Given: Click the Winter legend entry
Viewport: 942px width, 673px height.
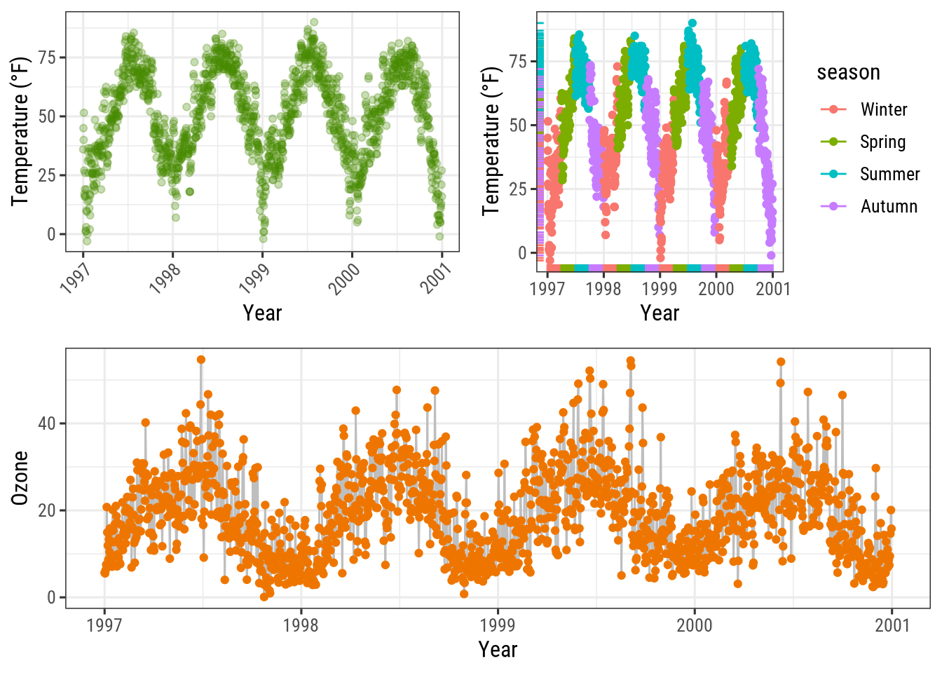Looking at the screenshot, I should (883, 109).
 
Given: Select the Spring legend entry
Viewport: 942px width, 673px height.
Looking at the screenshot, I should (882, 142).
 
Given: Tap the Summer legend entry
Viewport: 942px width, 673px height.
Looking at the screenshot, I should (889, 174).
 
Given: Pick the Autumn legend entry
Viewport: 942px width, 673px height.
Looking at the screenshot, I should (889, 206).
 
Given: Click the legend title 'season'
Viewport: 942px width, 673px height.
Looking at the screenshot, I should (848, 72).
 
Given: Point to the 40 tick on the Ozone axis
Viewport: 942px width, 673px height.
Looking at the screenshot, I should (47, 423).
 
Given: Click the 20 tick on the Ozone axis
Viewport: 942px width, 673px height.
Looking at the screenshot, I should (47, 510).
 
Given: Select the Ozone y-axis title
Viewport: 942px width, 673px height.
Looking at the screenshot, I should (20, 477).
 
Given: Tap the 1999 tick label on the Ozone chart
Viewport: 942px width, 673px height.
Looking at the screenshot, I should (498, 625).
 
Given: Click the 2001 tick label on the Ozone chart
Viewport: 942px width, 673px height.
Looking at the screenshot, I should (892, 625).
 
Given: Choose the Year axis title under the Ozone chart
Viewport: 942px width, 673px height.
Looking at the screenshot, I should (498, 649).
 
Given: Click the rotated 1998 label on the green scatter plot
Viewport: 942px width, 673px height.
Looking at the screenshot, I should (166, 278).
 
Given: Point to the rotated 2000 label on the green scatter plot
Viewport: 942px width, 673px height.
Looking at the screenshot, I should (344, 278).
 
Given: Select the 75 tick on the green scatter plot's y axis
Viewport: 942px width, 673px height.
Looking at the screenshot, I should (47, 57).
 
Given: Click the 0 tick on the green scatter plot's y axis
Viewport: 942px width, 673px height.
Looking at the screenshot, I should (51, 234).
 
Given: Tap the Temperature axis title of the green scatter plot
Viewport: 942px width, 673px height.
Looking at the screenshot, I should (20, 130).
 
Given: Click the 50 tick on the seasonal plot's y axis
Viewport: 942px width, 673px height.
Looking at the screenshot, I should (518, 125).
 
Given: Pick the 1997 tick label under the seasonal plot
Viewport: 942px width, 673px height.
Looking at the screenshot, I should (547, 289).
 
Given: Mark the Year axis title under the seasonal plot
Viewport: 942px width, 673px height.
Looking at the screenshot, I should (660, 313).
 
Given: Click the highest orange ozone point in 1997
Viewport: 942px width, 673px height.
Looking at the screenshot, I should (201, 360).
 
